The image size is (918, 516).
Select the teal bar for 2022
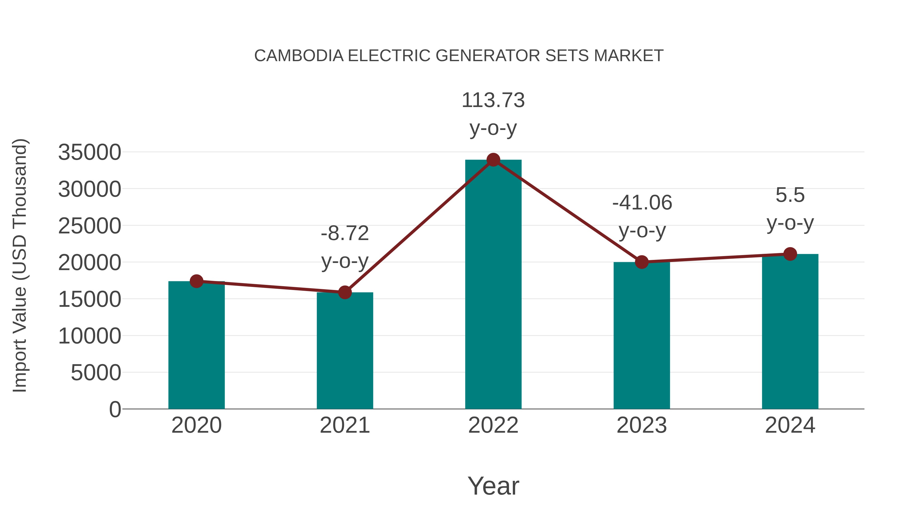click(493, 285)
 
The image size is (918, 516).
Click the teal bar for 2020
click(196, 346)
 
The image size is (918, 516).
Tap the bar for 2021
click(345, 351)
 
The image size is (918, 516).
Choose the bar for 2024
click(790, 331)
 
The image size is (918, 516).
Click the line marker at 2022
click(493, 160)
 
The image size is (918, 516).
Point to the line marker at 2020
click(196, 281)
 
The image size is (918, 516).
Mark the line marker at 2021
click(345, 292)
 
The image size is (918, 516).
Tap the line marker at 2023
click(642, 262)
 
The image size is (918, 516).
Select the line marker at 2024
click(790, 254)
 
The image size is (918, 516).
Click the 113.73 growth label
click(493, 100)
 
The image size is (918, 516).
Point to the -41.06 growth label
click(642, 203)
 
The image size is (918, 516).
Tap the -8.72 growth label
click(345, 234)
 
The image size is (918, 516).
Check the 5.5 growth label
click(790, 195)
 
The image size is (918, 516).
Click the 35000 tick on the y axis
click(90, 152)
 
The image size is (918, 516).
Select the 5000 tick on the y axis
click(96, 373)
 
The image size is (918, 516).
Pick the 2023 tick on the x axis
click(642, 425)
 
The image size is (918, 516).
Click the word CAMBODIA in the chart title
click(299, 56)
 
